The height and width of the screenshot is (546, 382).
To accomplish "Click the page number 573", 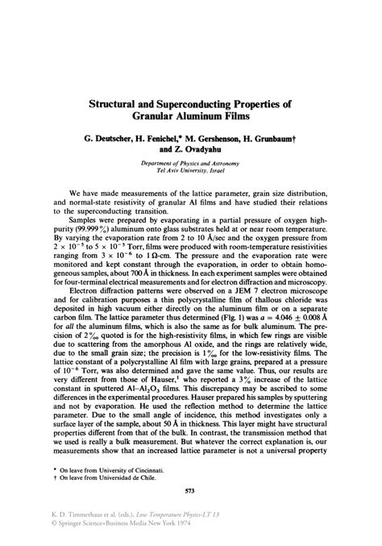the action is (x=191, y=490).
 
